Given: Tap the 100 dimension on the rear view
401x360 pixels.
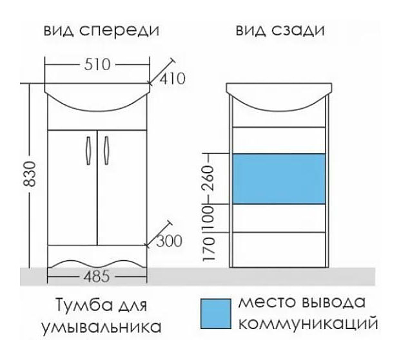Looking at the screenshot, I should point(207,218).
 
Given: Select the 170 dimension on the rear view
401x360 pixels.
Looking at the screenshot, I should point(207,248).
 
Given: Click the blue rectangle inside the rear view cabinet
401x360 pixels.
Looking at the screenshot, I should point(279,178).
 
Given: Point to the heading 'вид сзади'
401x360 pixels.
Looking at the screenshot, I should point(279,30).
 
